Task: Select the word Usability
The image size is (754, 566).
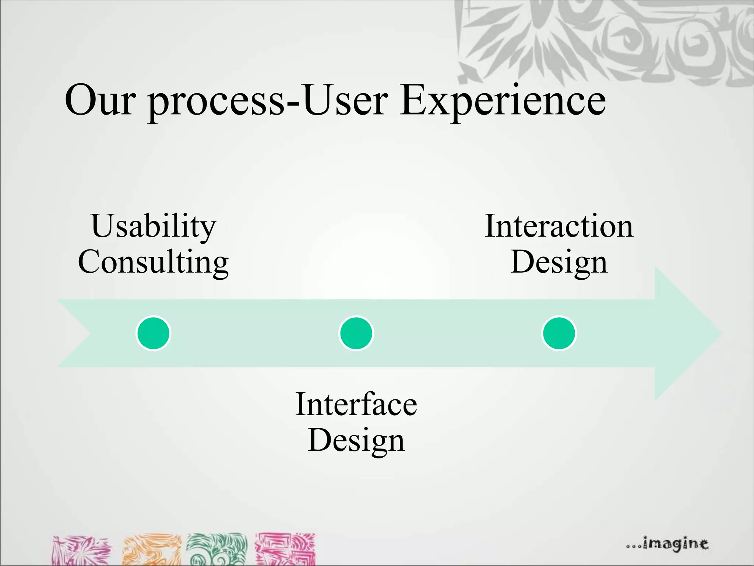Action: [154, 226]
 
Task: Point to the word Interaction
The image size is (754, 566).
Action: [559, 226]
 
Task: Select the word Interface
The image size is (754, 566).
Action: [356, 405]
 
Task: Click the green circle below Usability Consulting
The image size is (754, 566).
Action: [154, 333]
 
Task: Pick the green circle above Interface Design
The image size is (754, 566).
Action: [356, 333]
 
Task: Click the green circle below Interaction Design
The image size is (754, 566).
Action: [559, 333]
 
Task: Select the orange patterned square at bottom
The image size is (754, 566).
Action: [152, 550]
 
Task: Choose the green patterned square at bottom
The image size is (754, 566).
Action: [217, 549]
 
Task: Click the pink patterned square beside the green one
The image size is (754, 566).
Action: [286, 549]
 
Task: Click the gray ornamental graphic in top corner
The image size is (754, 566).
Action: [604, 41]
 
